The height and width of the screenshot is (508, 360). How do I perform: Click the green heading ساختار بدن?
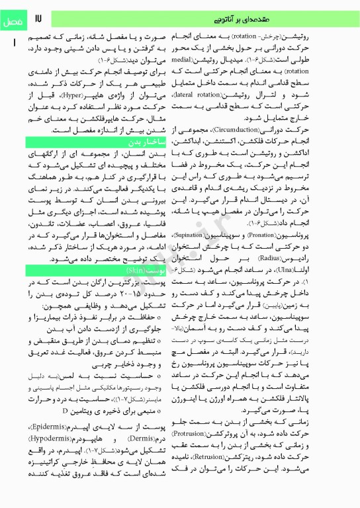point(140,142)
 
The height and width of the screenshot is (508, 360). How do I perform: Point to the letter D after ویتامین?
point(64,428)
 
